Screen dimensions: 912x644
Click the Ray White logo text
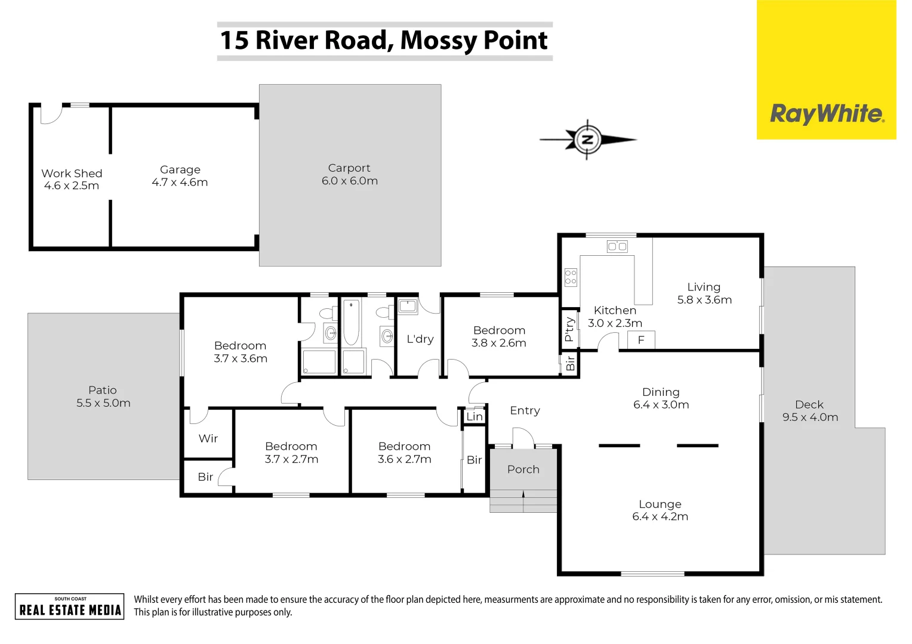point(827,113)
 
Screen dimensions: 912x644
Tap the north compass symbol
point(587,140)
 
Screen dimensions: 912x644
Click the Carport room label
point(349,168)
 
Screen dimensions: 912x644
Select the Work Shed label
point(72,174)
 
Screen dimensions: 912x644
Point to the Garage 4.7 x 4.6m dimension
point(180,182)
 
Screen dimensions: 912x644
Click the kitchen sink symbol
point(617,246)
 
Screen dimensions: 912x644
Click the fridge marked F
point(641,340)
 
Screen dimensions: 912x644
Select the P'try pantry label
point(569,329)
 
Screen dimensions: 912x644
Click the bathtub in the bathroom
point(351,322)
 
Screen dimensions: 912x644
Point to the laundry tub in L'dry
point(408,306)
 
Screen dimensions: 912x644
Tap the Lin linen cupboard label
point(475,417)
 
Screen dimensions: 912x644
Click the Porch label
point(523,469)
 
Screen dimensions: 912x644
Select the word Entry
point(525,410)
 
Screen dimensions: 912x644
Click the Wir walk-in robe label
point(208,438)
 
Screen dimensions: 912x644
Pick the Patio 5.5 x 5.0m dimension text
point(103,403)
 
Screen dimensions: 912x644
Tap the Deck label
point(809,404)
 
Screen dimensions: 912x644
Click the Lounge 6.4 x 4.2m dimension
point(660,516)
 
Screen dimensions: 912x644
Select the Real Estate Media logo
point(70,606)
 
